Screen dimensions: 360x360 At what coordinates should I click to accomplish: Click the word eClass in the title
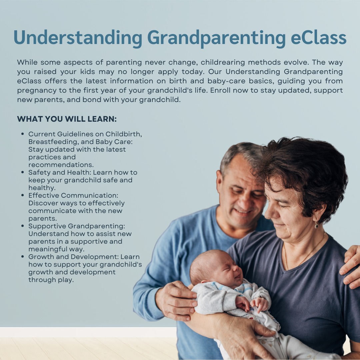pos(318,38)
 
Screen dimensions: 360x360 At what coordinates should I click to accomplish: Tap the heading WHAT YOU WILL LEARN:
pos(67,119)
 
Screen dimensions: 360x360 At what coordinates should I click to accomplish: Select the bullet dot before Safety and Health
pos(23,172)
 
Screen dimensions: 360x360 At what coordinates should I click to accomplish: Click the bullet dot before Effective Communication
pos(23,195)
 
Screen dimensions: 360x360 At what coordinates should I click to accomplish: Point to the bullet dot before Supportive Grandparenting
pos(23,226)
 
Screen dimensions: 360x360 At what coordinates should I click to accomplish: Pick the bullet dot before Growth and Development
pos(23,256)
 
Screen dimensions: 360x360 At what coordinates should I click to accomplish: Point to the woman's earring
pos(316,225)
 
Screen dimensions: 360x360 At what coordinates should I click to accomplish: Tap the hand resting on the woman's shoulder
pos(350,266)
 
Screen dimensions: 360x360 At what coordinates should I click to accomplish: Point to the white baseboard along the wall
pos(88,332)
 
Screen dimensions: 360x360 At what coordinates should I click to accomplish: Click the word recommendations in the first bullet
pos(61,165)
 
